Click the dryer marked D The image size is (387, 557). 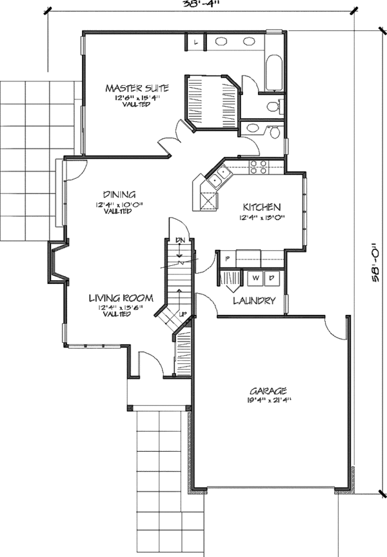point(272,278)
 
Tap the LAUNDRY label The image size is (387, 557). point(254,301)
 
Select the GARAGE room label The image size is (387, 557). point(269,390)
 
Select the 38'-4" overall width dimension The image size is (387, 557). point(200,4)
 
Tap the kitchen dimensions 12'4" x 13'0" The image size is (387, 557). point(261,218)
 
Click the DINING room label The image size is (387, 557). point(119,194)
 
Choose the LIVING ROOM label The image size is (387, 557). point(121,298)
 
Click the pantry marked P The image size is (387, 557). point(228,258)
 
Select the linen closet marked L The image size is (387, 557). point(195,43)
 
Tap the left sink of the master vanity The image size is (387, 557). point(221,43)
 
